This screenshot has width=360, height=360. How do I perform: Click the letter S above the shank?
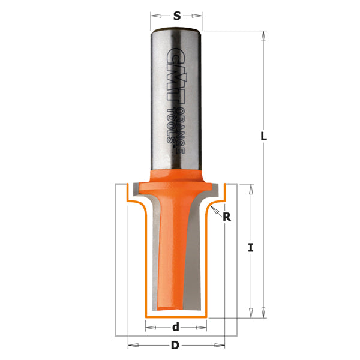pyautogui.click(x=176, y=17)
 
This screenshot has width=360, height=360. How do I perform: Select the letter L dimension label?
pyautogui.click(x=263, y=136)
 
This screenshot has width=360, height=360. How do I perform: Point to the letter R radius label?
pyautogui.click(x=226, y=217)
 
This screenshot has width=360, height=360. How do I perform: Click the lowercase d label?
pyautogui.click(x=176, y=327)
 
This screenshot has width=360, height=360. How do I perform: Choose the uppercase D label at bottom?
pyautogui.click(x=175, y=346)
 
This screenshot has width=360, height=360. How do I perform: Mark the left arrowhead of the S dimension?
pyautogui.click(x=154, y=17)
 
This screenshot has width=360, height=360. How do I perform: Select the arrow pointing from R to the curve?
pyautogui.click(x=215, y=210)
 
